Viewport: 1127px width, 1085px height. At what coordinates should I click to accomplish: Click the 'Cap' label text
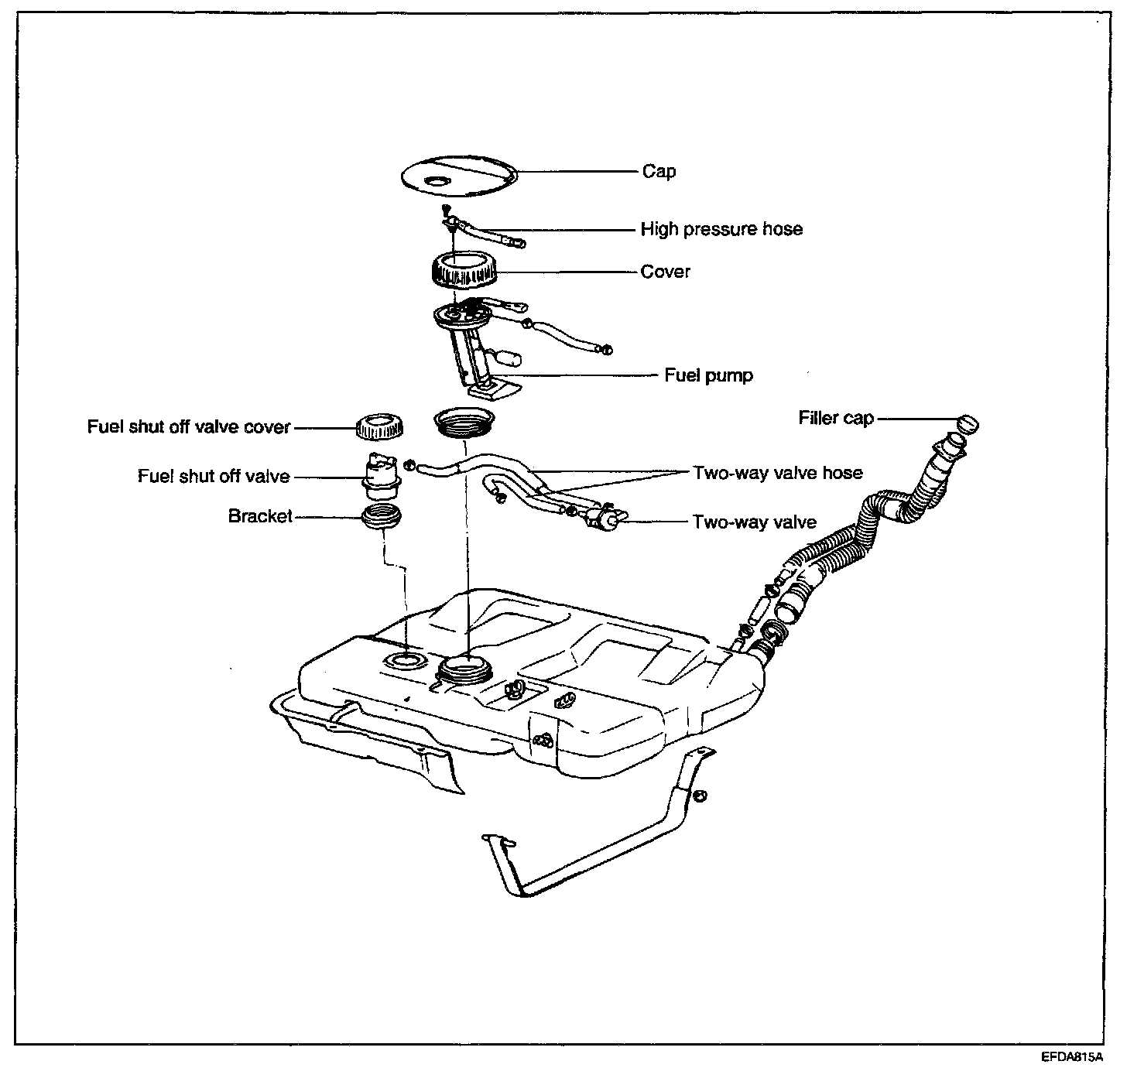click(x=659, y=171)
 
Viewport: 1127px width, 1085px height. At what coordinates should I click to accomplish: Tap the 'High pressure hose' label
click(x=721, y=229)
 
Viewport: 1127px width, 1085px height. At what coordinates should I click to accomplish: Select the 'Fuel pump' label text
click(x=708, y=375)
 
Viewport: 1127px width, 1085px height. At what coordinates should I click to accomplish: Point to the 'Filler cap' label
click(x=836, y=418)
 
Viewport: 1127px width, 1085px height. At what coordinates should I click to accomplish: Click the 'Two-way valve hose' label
click(x=777, y=472)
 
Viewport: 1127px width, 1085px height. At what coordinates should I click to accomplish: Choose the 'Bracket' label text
click(x=260, y=516)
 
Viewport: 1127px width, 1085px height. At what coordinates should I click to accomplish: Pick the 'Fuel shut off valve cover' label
click(x=189, y=426)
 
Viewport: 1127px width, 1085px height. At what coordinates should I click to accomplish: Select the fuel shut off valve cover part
click(x=379, y=426)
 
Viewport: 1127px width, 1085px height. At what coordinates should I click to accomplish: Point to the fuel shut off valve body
click(x=382, y=476)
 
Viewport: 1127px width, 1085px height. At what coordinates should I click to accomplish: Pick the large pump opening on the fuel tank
click(x=464, y=667)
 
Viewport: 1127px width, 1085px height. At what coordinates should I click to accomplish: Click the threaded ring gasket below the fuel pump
click(x=464, y=423)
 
